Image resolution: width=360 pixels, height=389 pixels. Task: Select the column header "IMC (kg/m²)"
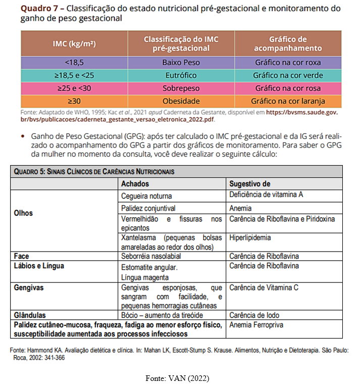click(x=74, y=43)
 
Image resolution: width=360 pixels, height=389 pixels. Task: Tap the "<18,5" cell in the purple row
click(x=74, y=63)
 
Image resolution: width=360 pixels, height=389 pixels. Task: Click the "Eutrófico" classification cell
click(x=181, y=75)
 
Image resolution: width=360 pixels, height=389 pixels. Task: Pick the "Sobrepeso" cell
click(x=181, y=88)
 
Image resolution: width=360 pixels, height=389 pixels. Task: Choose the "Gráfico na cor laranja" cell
click(x=288, y=101)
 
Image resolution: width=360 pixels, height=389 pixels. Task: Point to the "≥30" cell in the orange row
click(x=74, y=101)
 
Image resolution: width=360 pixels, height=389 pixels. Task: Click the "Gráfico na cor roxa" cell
click(x=288, y=63)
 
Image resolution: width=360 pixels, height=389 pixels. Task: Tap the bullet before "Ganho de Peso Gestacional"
click(x=23, y=137)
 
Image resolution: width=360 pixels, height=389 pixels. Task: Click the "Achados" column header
click(x=135, y=184)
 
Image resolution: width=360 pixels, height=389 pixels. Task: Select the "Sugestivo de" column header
click(x=249, y=184)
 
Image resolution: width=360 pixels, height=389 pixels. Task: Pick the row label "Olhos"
click(x=23, y=213)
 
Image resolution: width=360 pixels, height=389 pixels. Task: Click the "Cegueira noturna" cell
click(x=146, y=196)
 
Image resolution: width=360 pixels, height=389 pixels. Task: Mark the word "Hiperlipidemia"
click(x=250, y=237)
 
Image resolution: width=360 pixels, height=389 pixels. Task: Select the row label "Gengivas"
click(x=29, y=287)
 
